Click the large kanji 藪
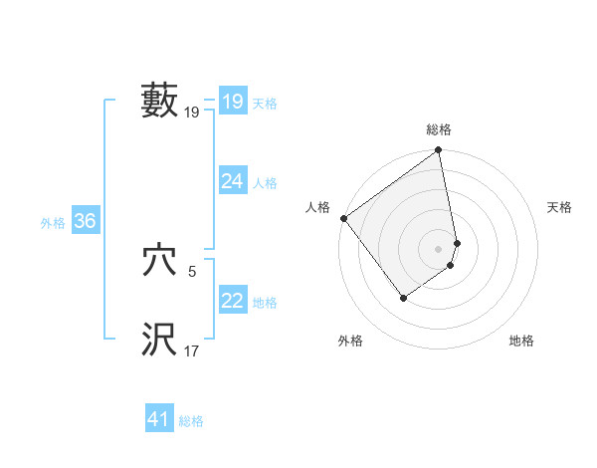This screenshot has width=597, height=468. click(160, 100)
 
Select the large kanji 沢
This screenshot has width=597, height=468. click(160, 339)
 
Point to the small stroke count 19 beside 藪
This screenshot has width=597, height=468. click(192, 114)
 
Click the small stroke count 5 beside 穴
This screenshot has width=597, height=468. click(192, 270)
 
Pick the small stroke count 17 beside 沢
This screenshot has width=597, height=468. click(192, 351)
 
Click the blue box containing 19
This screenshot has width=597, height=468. click(233, 102)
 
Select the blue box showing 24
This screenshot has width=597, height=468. click(233, 180)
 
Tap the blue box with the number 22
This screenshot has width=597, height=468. click(233, 301)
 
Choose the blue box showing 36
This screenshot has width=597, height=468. click(85, 221)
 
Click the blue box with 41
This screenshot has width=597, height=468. click(159, 419)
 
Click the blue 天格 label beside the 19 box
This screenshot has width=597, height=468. click(265, 104)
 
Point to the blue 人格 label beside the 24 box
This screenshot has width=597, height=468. click(265, 183)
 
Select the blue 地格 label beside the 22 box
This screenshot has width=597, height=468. click(265, 303)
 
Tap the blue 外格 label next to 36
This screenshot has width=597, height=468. click(53, 224)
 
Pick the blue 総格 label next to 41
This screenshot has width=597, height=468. click(191, 421)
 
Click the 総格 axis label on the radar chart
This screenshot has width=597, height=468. click(439, 129)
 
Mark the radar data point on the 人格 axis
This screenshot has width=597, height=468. click(343, 218)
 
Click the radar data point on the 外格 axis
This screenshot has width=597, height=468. click(403, 297)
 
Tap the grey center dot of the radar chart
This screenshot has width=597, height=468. click(439, 248)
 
